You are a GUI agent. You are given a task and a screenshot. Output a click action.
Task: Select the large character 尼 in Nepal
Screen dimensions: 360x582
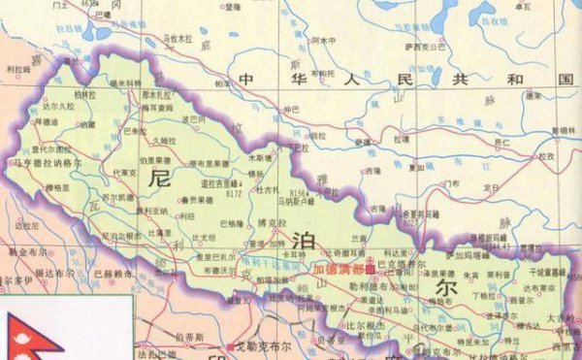tap(161, 178)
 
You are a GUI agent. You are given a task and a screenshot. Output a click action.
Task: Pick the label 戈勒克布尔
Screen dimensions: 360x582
tap(259, 346)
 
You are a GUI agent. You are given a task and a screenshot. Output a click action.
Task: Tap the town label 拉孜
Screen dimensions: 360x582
tap(547, 155)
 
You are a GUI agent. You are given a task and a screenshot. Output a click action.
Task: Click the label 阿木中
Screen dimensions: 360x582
tap(325, 41)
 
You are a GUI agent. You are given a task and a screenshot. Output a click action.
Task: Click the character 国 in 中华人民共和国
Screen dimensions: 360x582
tap(561, 79)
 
